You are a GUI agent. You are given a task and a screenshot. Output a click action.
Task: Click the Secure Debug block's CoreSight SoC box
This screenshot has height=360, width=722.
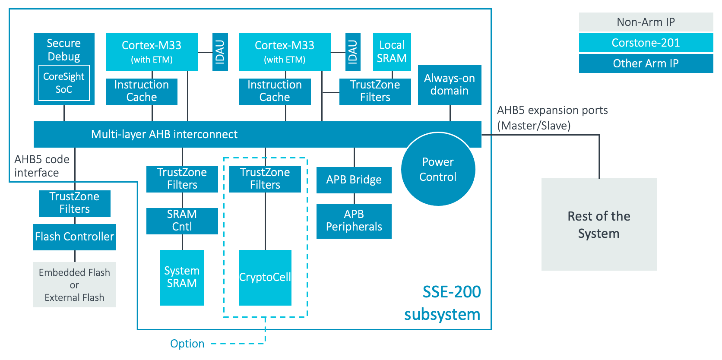pyautogui.click(x=64, y=83)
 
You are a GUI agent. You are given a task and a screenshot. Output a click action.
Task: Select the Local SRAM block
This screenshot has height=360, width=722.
pyautogui.click(x=392, y=52)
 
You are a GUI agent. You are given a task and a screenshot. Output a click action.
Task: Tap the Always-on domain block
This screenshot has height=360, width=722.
pyautogui.click(x=449, y=85)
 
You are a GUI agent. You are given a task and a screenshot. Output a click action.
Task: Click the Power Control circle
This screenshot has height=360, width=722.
pyautogui.click(x=438, y=169)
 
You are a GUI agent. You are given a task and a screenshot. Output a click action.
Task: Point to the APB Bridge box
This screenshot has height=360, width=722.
pyautogui.click(x=354, y=180)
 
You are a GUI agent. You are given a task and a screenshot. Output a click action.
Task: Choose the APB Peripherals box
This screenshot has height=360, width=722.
pyautogui.click(x=354, y=221)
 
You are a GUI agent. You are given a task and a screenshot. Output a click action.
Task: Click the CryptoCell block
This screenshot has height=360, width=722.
pyautogui.click(x=265, y=278)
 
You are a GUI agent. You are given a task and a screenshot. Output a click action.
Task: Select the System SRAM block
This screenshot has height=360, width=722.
pyautogui.click(x=182, y=277)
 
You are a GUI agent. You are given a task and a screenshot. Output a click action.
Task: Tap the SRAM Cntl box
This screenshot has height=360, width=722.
pyautogui.click(x=182, y=221)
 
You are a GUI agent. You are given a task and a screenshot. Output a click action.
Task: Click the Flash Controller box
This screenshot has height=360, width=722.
pyautogui.click(x=74, y=237)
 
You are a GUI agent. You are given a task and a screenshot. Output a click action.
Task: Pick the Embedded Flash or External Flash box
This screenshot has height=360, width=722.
pyautogui.click(x=74, y=284)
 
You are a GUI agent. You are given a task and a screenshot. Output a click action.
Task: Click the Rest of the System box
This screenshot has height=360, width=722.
pyautogui.click(x=598, y=224)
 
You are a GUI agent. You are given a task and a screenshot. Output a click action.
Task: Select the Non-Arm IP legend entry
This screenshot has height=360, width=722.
pyautogui.click(x=646, y=22)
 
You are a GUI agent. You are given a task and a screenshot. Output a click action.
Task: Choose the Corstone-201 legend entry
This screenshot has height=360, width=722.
pyautogui.click(x=646, y=43)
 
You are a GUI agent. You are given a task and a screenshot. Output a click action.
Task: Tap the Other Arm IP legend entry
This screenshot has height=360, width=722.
pyautogui.click(x=646, y=63)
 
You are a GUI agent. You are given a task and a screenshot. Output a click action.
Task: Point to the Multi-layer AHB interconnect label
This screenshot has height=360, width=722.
pyautogui.click(x=164, y=135)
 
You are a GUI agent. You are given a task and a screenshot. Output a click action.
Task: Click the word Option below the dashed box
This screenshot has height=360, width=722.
pyautogui.click(x=187, y=344)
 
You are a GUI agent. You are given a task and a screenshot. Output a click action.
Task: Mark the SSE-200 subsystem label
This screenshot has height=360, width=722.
pyautogui.click(x=442, y=303)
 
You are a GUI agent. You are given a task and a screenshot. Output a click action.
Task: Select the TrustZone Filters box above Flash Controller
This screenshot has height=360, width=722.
pyautogui.click(x=74, y=203)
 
